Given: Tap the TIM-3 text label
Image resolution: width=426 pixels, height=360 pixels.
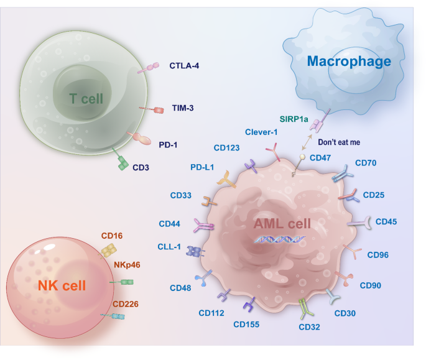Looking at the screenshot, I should pos(183,108).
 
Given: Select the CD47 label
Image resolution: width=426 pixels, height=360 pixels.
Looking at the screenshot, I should pos(320,157).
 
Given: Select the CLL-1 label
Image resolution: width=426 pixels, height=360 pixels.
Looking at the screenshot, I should pos(169,247).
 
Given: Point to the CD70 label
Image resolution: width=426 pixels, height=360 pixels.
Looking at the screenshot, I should pos(366,164).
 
